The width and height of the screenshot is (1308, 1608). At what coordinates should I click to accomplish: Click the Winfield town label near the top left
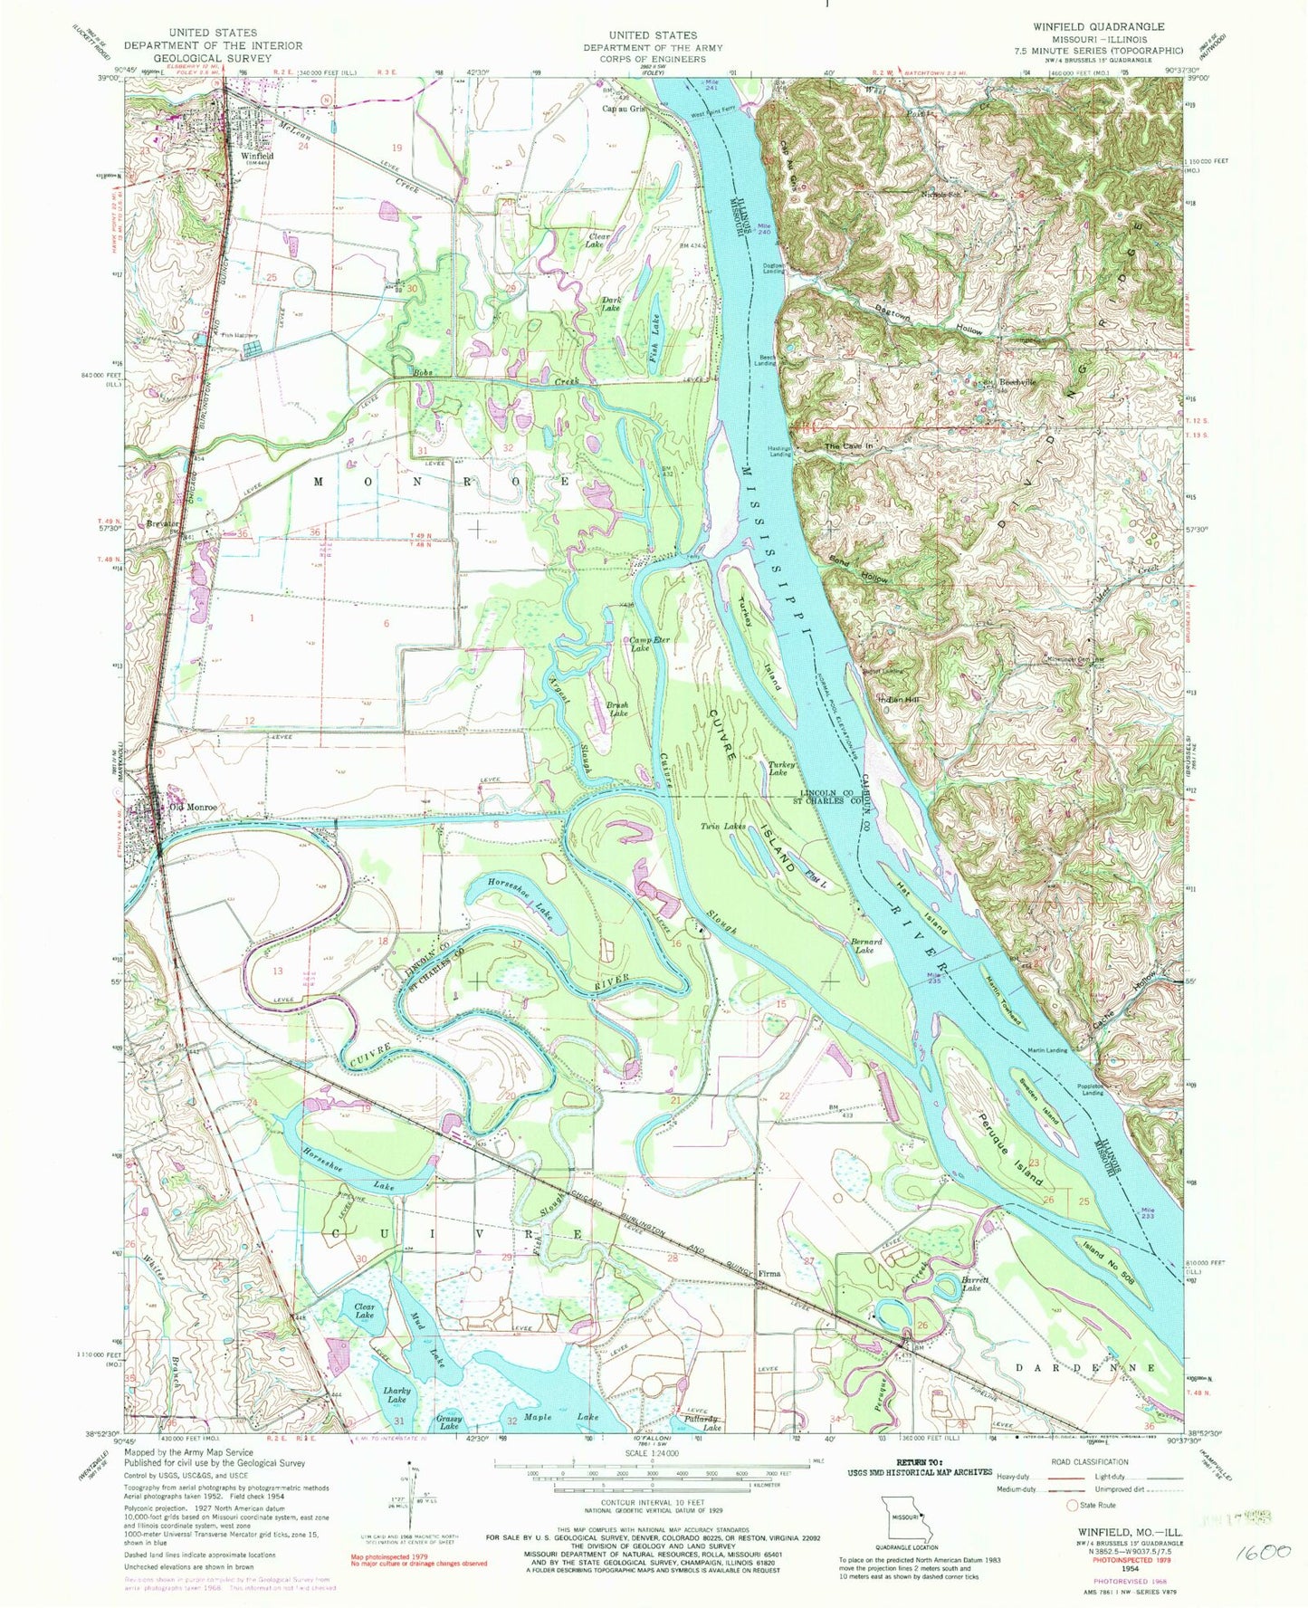click(x=257, y=155)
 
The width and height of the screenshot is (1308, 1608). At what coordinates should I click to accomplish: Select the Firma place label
click(x=769, y=1273)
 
